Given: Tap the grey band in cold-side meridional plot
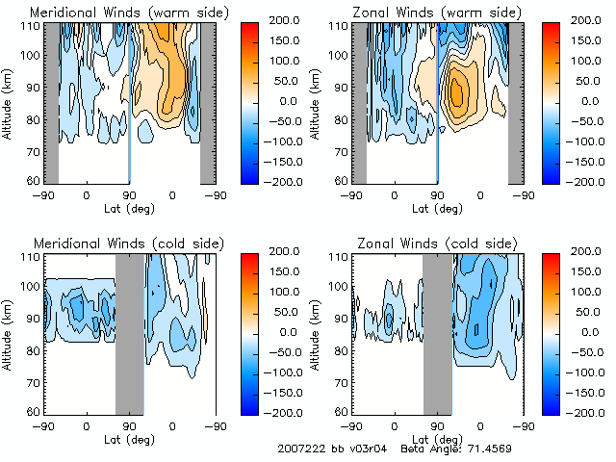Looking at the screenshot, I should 129,332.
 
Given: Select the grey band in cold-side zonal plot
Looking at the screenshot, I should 438,332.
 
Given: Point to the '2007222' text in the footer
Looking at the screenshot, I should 298,449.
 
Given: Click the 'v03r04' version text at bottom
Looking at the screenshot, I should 367,449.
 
